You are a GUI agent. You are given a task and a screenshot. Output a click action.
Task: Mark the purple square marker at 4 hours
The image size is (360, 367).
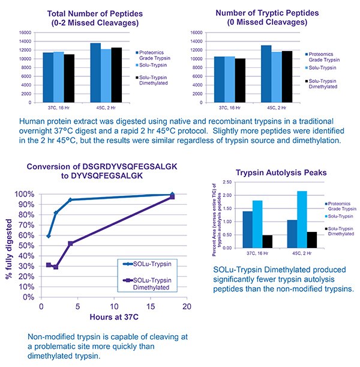pyautogui.click(x=71, y=243)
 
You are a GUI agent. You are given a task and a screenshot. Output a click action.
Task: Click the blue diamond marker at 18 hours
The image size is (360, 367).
pyautogui.click(x=172, y=195)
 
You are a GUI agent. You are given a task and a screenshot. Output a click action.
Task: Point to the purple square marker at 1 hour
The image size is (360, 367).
pyautogui.click(x=49, y=265)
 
